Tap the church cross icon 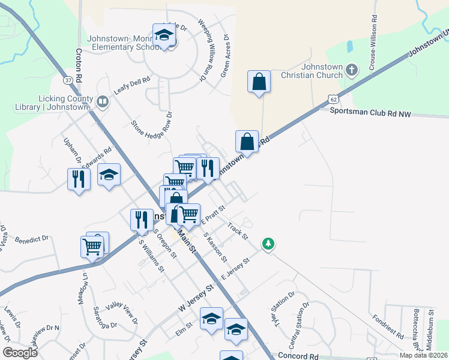pyautogui.click(x=352, y=70)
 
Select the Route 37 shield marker pyautogui.click(x=68, y=80)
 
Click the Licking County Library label pyautogui.click(x=54, y=103)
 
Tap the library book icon pyautogui.click(x=103, y=103)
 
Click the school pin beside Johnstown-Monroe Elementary pyautogui.click(x=163, y=35)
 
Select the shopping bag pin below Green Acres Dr pyautogui.click(x=259, y=83)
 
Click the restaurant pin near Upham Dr pyautogui.click(x=79, y=179)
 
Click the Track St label pyautogui.click(x=238, y=231)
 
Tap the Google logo pyautogui.click(x=20, y=352)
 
